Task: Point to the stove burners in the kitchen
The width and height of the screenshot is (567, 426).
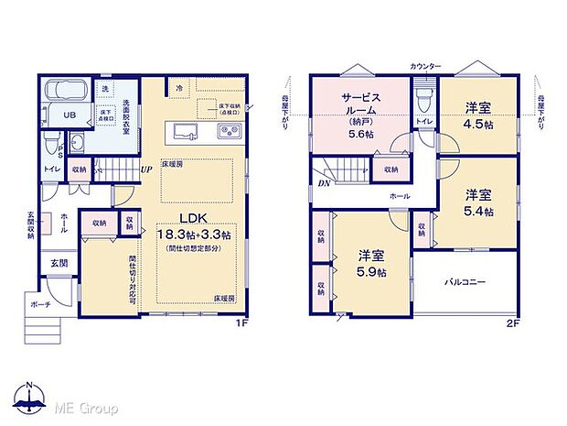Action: click(x=228, y=134)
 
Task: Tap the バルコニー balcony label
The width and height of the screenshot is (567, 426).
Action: click(x=465, y=282)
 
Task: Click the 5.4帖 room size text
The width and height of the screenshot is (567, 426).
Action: click(x=478, y=211)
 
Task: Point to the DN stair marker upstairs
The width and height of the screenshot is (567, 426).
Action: click(x=323, y=181)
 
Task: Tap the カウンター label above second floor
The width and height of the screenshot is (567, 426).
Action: click(x=425, y=67)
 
